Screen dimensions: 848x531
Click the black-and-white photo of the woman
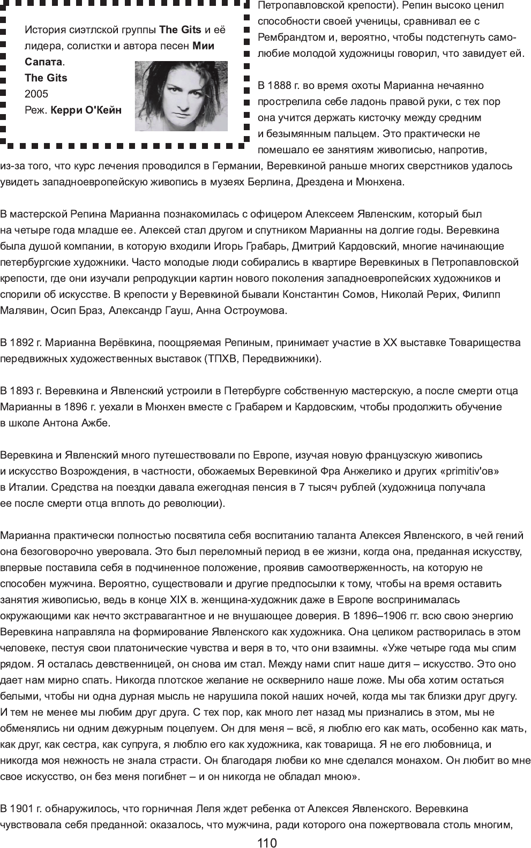click(181, 96)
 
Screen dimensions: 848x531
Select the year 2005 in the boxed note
click(36, 94)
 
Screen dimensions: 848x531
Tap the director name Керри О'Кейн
click(86, 110)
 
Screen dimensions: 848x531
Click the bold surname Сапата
click(43, 62)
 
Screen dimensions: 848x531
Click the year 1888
click(279, 86)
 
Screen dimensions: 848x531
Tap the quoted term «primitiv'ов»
click(469, 471)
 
